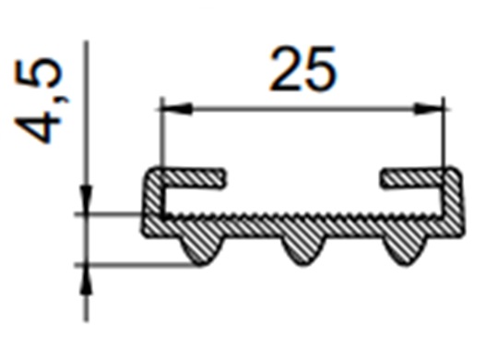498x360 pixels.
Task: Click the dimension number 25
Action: point(303,71)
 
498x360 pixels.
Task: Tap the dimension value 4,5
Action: point(43,101)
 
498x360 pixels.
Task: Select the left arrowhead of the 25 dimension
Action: point(175,109)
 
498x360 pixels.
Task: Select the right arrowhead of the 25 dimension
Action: point(430,109)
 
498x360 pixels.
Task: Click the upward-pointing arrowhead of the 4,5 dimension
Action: point(85,278)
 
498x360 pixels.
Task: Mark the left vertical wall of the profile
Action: point(149,198)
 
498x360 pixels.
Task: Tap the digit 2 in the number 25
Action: point(287,71)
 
